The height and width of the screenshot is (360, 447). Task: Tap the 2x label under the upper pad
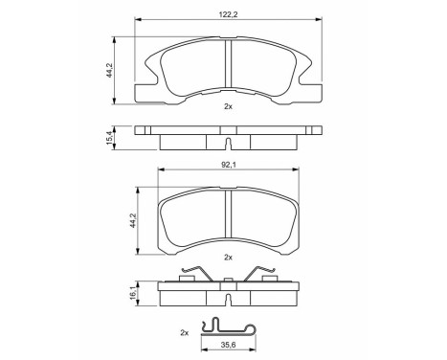pyautogui.click(x=228, y=107)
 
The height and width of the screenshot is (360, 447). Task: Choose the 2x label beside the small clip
pyautogui.click(x=185, y=332)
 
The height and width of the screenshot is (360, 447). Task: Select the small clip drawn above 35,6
pyautogui.click(x=228, y=328)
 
